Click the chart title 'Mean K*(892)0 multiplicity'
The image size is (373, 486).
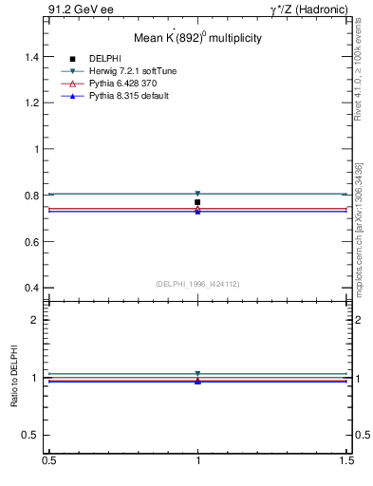click(196, 38)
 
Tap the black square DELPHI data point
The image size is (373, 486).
click(197, 202)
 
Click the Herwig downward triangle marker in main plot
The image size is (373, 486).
click(197, 194)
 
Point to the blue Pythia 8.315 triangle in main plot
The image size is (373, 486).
click(197, 211)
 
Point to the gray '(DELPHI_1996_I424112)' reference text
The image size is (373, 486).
click(197, 283)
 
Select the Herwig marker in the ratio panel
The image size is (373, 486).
click(197, 374)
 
